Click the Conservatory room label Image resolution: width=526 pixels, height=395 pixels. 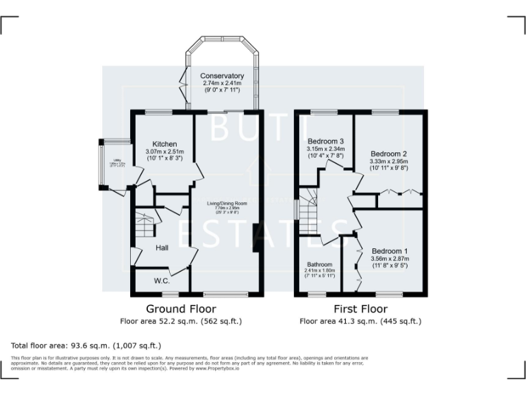point(222,76)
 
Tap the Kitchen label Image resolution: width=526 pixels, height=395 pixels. point(164,144)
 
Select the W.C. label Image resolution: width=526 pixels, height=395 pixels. point(162,281)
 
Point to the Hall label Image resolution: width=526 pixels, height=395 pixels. point(162,248)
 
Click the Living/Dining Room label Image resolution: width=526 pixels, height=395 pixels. point(227,204)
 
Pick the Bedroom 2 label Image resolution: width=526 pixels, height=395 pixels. point(388,154)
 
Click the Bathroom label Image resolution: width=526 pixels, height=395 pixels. point(319,264)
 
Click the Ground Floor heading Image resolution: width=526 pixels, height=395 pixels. point(181,309)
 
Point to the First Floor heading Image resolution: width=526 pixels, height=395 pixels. point(360,309)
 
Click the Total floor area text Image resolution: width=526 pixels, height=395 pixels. point(86,346)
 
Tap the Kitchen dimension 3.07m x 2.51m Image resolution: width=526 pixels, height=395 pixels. point(164,152)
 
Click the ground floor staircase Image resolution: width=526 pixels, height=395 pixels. point(145,225)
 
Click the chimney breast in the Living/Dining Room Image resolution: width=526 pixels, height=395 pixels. point(255,238)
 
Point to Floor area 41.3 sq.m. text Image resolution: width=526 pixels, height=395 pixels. point(360,321)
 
